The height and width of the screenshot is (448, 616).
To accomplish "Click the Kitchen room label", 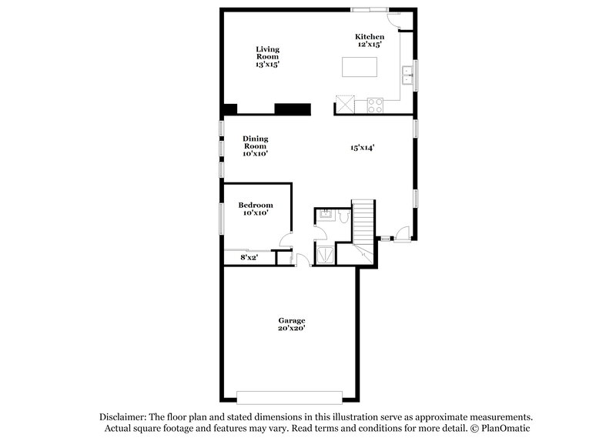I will tap(369, 36).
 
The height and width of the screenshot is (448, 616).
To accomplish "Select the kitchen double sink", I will tap(407, 75).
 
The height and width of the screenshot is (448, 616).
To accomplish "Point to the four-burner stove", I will tap(376, 105).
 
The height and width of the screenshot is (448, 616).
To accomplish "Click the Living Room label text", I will tap(267, 53).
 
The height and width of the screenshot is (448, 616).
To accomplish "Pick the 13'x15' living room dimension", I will tap(267, 65).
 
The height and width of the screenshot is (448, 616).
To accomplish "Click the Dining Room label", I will tap(256, 142).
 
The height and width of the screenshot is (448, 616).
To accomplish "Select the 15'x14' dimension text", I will tap(362, 148).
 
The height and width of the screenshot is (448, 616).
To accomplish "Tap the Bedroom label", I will tap(256, 205).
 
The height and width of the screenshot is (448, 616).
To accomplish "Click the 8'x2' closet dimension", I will tap(249, 258).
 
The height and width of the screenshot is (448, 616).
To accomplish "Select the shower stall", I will tap(326, 254).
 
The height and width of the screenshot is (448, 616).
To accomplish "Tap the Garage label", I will tap(292, 320).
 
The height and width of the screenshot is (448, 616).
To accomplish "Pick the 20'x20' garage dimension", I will tap(292, 329).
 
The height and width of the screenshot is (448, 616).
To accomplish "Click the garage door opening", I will tap(289, 396).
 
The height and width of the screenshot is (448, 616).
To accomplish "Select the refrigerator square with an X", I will tap(344, 105).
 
